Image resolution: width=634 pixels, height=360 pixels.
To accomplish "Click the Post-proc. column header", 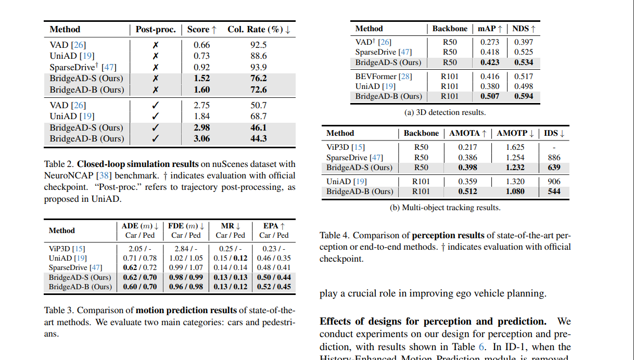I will [x=156, y=30].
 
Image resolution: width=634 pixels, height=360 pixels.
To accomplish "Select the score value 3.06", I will [x=202, y=138].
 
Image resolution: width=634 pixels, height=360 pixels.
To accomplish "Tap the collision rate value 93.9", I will [x=258, y=67].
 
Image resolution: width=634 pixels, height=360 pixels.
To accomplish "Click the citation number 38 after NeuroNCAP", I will [x=102, y=176].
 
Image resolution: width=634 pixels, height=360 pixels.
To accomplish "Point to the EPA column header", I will [x=274, y=226].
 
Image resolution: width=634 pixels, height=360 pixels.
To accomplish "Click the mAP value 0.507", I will [x=490, y=96].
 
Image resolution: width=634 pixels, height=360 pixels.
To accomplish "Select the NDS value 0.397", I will [x=523, y=42].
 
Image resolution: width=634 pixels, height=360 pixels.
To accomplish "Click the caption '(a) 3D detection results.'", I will [x=445, y=112].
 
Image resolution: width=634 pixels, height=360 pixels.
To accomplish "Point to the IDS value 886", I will [x=554, y=158].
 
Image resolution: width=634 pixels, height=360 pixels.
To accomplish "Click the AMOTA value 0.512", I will [x=468, y=191].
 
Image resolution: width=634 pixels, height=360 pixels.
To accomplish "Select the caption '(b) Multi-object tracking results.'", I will [x=445, y=208].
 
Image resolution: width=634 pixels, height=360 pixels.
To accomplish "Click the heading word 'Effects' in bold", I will [x=336, y=321].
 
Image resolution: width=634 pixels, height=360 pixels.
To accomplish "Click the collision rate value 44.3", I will [x=258, y=138].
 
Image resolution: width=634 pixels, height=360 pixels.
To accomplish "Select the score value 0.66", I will [x=202, y=45].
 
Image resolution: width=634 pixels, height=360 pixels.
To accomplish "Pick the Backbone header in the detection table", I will [x=450, y=29].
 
